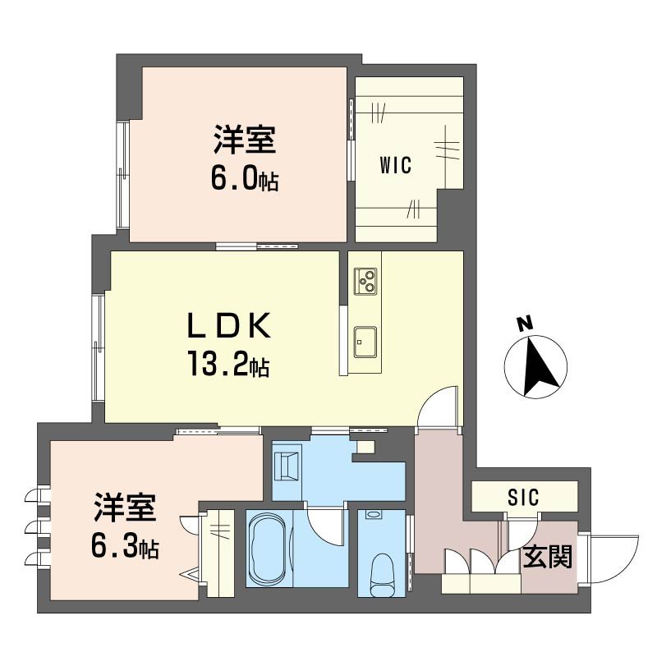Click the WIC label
[x=395, y=164]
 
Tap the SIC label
[x=523, y=498]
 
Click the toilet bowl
[x=384, y=572]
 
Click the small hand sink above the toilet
[x=374, y=515]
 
